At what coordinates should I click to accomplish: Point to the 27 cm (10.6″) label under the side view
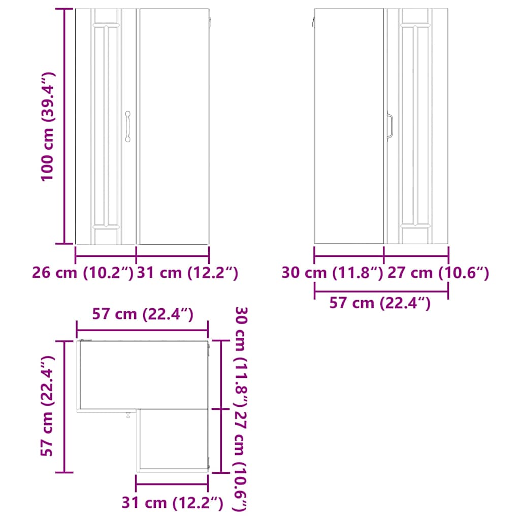438,273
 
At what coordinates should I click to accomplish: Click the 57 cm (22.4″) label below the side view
380,303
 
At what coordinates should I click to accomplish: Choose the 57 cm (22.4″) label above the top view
143,314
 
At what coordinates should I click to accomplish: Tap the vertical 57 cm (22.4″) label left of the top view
48,406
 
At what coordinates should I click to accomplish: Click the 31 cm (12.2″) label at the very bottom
173,503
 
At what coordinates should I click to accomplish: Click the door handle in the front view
128,126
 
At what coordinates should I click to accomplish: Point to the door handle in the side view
390,125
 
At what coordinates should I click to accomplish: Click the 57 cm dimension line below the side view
381,291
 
